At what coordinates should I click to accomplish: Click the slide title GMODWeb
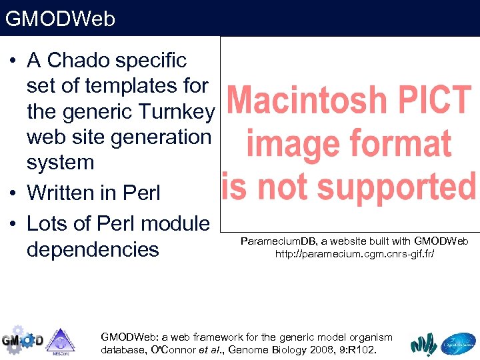pos(60,19)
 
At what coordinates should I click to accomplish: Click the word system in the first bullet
pos(60,162)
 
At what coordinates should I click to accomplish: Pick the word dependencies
pos(93,249)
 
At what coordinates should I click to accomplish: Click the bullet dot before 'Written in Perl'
pos(13,193)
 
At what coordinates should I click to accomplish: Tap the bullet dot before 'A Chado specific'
pos(13,61)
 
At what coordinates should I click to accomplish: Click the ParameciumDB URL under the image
pos(355,254)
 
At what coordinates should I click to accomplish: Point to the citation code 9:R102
pos(357,349)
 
